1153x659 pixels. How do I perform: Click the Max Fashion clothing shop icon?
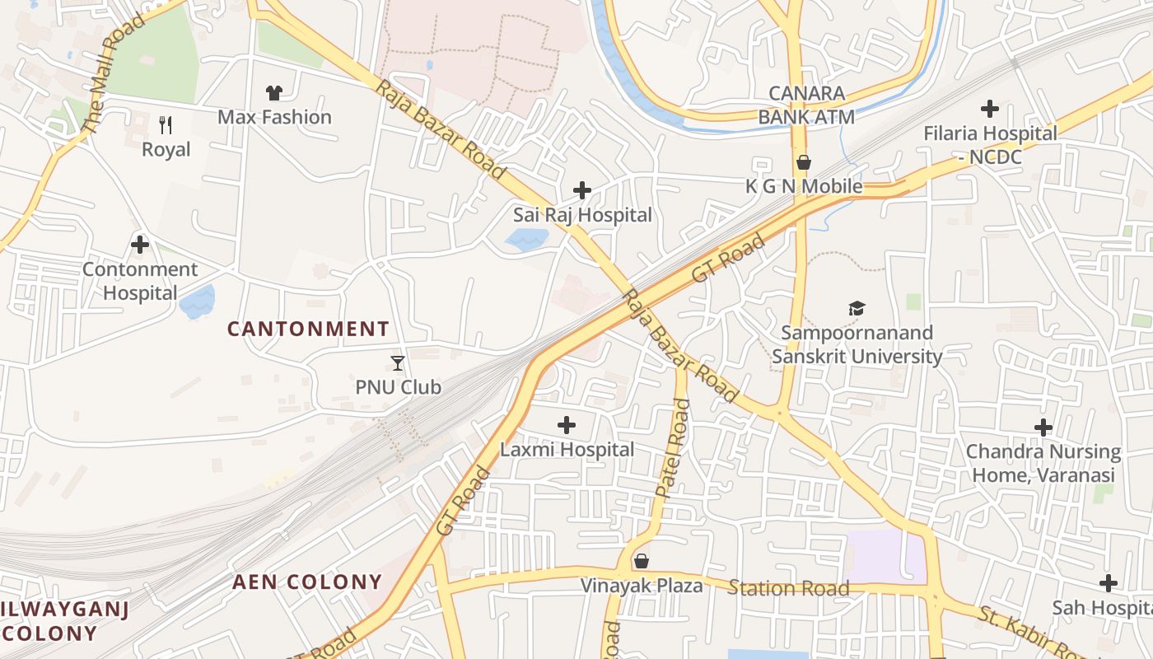point(273,93)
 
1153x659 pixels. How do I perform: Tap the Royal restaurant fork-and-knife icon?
point(166,125)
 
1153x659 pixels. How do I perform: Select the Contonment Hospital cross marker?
point(140,245)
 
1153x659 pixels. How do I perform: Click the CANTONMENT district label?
point(308,329)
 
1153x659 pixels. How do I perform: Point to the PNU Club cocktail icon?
point(398,362)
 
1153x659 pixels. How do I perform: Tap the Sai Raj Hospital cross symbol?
point(582,191)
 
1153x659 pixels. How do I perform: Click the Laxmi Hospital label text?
point(567,450)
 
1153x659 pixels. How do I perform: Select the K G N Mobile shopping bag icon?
point(803,163)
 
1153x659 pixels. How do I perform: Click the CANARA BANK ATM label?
point(805,105)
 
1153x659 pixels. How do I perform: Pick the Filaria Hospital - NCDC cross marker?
point(990,109)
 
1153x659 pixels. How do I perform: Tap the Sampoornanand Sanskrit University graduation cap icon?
point(857,309)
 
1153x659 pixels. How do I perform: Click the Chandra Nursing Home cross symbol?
point(1043,428)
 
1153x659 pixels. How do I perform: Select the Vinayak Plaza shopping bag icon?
point(642,562)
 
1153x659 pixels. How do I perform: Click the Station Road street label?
point(788,588)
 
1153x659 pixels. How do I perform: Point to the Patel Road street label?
point(672,447)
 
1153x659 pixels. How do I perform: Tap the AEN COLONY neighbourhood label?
point(307,582)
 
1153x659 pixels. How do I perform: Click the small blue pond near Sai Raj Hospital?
point(526,240)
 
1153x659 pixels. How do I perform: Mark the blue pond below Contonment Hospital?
point(196,302)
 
